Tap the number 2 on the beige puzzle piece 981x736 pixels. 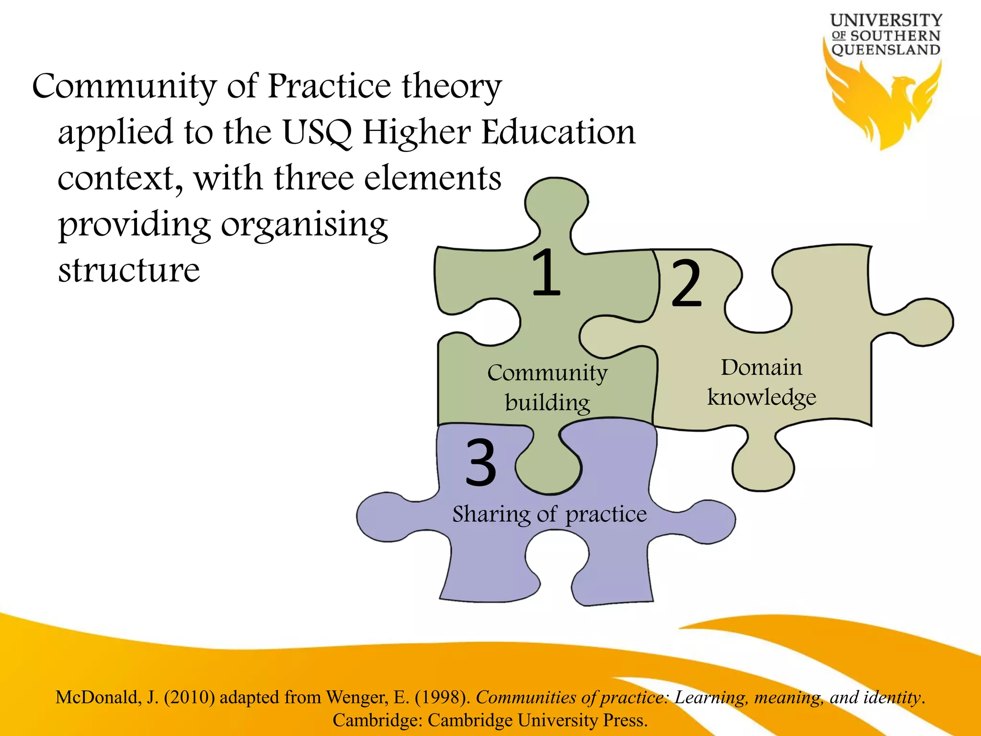point(686,283)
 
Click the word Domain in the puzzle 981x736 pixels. point(761,368)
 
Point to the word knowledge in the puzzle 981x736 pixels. point(762,398)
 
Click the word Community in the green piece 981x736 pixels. point(548,373)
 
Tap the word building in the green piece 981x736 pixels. point(548,403)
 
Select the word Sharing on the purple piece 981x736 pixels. point(491,515)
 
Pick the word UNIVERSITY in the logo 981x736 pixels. point(886,20)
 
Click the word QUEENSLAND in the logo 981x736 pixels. point(886,50)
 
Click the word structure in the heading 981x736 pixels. point(129,270)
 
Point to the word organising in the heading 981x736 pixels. point(304,224)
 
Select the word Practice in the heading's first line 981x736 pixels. point(330,86)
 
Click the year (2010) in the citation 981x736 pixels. point(189,697)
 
